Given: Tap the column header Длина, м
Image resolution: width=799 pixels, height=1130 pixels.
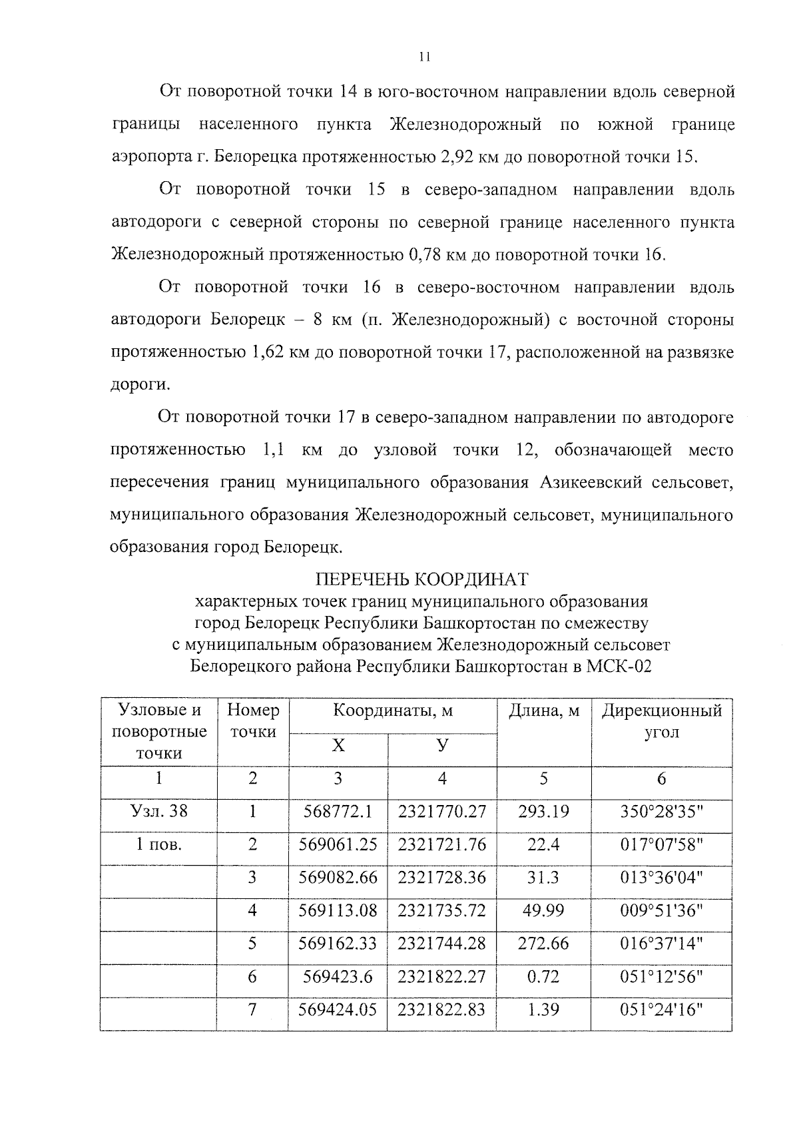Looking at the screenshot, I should click(x=544, y=711).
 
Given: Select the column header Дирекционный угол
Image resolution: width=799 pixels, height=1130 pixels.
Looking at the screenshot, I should click(x=661, y=721).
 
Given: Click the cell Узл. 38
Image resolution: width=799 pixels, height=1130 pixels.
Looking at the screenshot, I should click(x=159, y=811).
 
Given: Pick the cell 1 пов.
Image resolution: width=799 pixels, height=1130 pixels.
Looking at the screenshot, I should click(x=158, y=844).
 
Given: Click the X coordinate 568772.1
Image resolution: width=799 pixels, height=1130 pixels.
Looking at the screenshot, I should click(x=338, y=811).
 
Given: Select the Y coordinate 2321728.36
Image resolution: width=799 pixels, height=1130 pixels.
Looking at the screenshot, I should click(x=442, y=877).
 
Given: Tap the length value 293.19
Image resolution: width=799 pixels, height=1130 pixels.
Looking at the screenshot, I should click(x=543, y=811).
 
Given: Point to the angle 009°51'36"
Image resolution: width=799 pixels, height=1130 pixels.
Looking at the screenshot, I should click(x=661, y=910).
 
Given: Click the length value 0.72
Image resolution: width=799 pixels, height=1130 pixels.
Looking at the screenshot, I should click(x=543, y=976).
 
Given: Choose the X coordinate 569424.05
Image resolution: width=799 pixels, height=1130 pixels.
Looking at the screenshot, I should click(x=338, y=1009).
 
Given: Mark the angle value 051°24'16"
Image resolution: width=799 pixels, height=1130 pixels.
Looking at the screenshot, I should click(x=661, y=1009).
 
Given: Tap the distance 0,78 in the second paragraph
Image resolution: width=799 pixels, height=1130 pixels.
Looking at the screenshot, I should click(x=425, y=255).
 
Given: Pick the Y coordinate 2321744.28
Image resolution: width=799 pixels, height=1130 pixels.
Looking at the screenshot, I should click(x=442, y=944).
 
